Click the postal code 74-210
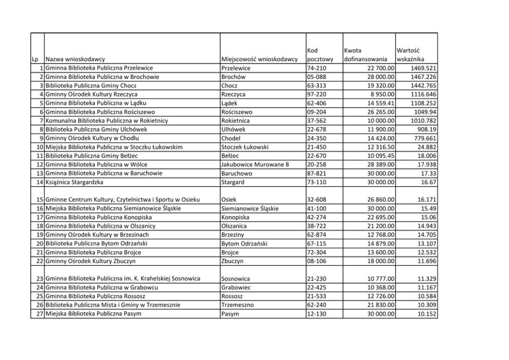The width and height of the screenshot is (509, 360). point(316,68)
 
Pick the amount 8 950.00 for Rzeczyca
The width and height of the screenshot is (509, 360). point(378,94)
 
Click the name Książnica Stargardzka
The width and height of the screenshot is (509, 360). point(75,182)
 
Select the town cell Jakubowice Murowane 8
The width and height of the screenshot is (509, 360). point(255,164)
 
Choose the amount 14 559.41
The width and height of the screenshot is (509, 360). point(376,103)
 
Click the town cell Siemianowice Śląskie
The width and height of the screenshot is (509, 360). point(250,208)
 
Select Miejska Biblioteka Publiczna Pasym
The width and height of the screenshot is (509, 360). point(93,314)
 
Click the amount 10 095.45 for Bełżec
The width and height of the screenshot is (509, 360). point(376,155)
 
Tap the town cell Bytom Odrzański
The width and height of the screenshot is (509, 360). point(245,244)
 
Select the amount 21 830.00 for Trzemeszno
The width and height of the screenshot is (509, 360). point(376,305)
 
